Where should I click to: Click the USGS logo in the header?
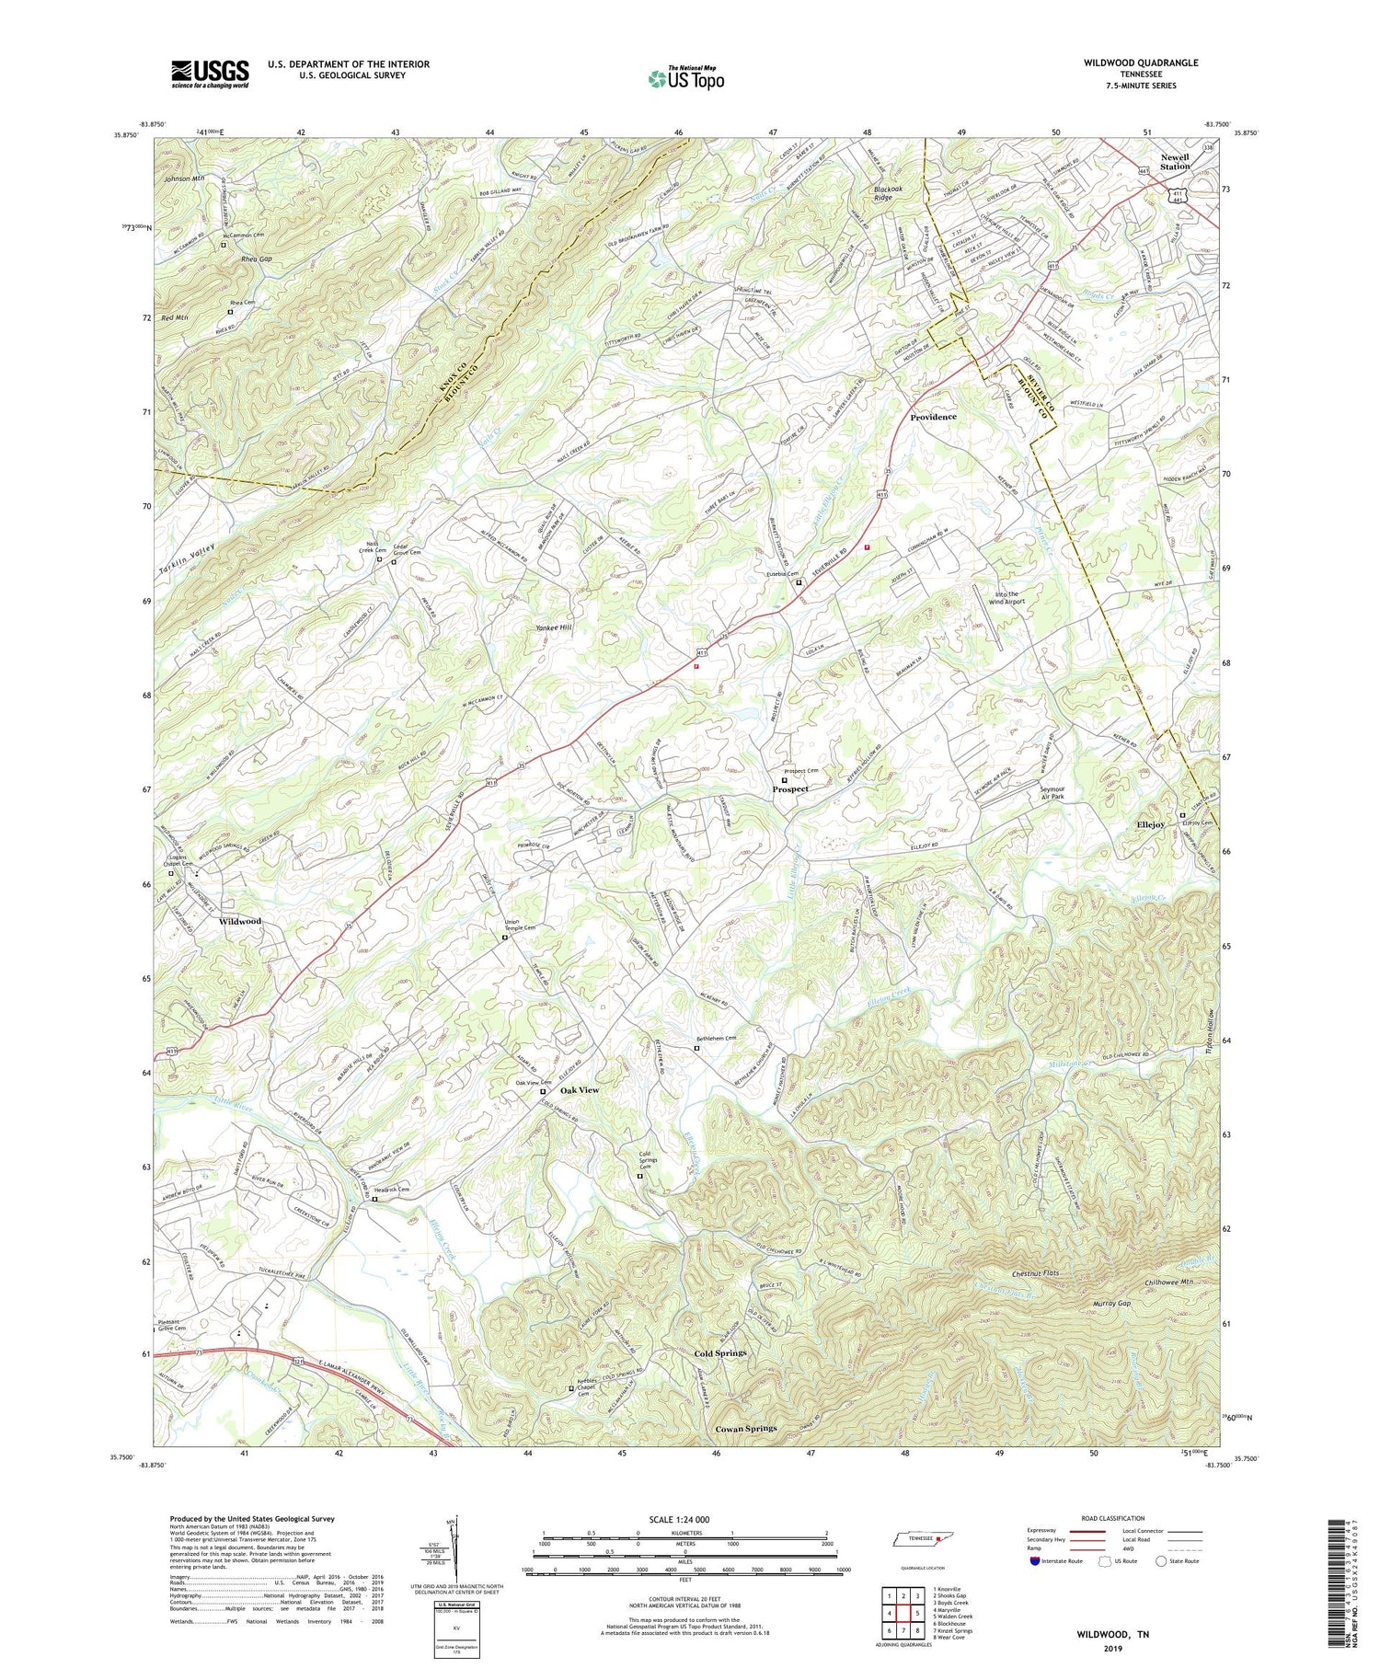pos(210,74)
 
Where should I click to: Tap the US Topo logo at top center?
pos(685,79)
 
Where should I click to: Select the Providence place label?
pos(933,417)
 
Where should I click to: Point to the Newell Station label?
pos(1174,162)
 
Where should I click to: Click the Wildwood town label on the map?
pos(239,921)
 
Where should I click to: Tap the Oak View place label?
pos(580,1089)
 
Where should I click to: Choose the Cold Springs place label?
pos(719,1353)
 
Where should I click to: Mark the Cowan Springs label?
pos(745,1429)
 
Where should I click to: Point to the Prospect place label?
pos(790,788)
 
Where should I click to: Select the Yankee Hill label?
pos(553,627)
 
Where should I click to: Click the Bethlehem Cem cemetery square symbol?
pos(696,1048)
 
